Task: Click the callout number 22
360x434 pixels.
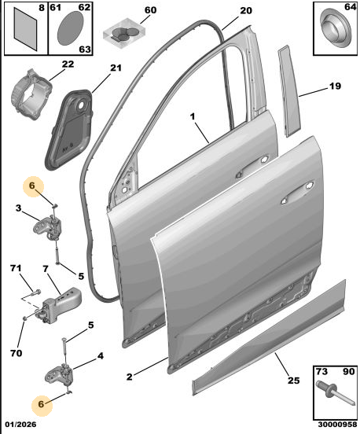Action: click(x=68, y=64)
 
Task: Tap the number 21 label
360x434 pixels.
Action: click(x=116, y=68)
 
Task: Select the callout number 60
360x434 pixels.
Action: click(x=151, y=10)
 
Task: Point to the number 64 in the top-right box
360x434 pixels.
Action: click(x=350, y=6)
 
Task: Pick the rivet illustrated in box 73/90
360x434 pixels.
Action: click(x=335, y=392)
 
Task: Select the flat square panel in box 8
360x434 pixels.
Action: click(x=25, y=29)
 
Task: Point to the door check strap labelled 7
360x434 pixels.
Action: click(x=61, y=304)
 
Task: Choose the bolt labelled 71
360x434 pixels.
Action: click(x=36, y=292)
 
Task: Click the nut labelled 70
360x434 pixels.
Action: click(x=24, y=318)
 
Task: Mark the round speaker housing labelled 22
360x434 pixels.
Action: click(x=31, y=95)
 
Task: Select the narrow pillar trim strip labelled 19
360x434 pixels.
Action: click(x=289, y=91)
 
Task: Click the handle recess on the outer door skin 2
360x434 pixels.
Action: click(x=298, y=193)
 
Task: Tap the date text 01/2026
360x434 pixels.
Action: click(x=20, y=425)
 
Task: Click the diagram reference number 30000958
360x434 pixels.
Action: click(x=337, y=425)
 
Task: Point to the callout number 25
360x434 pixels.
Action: click(x=294, y=381)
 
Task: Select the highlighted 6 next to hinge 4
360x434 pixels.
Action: click(x=41, y=404)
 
